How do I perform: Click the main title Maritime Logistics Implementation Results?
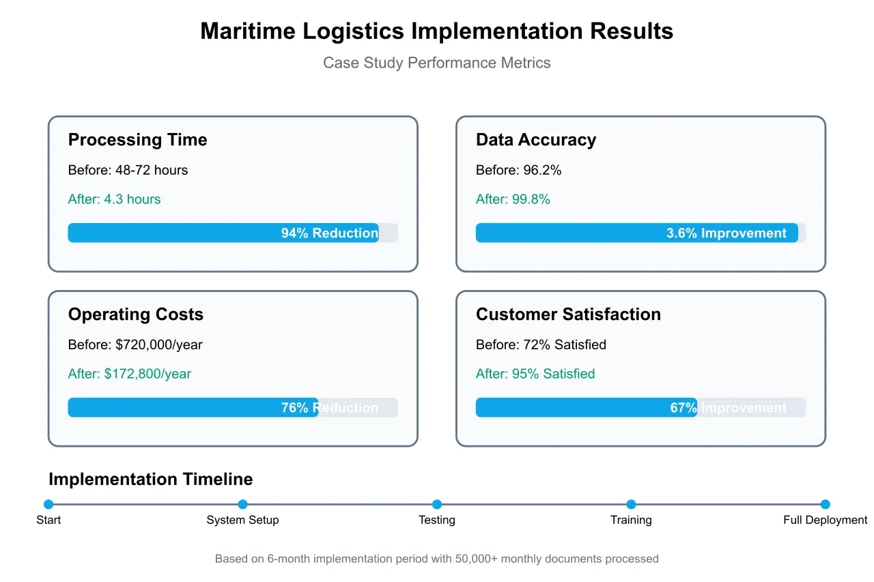point(436,31)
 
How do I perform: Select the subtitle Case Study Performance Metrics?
point(436,63)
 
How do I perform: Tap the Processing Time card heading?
point(137,140)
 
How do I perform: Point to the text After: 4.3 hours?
point(114,199)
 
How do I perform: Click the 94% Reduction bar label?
point(330,233)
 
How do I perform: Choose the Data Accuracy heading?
point(535,140)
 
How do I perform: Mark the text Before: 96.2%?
point(518,170)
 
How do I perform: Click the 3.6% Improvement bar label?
point(727,233)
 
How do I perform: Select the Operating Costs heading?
point(135,315)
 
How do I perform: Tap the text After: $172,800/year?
point(129,374)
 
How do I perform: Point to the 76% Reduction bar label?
point(330,408)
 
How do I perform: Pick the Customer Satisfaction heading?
point(568,315)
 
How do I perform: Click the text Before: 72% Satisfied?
point(541,345)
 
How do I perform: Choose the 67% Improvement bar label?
point(728,408)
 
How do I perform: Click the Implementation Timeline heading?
point(150,480)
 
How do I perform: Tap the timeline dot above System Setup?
point(242,505)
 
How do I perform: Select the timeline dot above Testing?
point(437,505)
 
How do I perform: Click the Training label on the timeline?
point(631,520)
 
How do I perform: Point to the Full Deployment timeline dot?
point(825,505)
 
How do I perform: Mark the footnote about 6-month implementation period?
point(436,559)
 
